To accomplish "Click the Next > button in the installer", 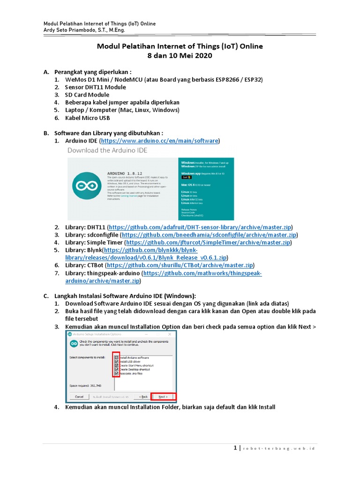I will tap(163, 396).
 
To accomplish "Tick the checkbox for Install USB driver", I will tap(116, 361).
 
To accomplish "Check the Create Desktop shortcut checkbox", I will tap(116, 369).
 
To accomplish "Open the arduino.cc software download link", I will tap(159, 141).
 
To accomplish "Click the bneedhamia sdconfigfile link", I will tap(209, 234).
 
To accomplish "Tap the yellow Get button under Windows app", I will tap(185, 177).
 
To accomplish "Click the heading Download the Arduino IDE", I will tap(107, 150).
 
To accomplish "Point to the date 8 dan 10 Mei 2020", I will tap(180, 56).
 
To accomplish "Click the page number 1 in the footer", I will tap(235, 448).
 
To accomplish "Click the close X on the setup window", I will tap(173, 334).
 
